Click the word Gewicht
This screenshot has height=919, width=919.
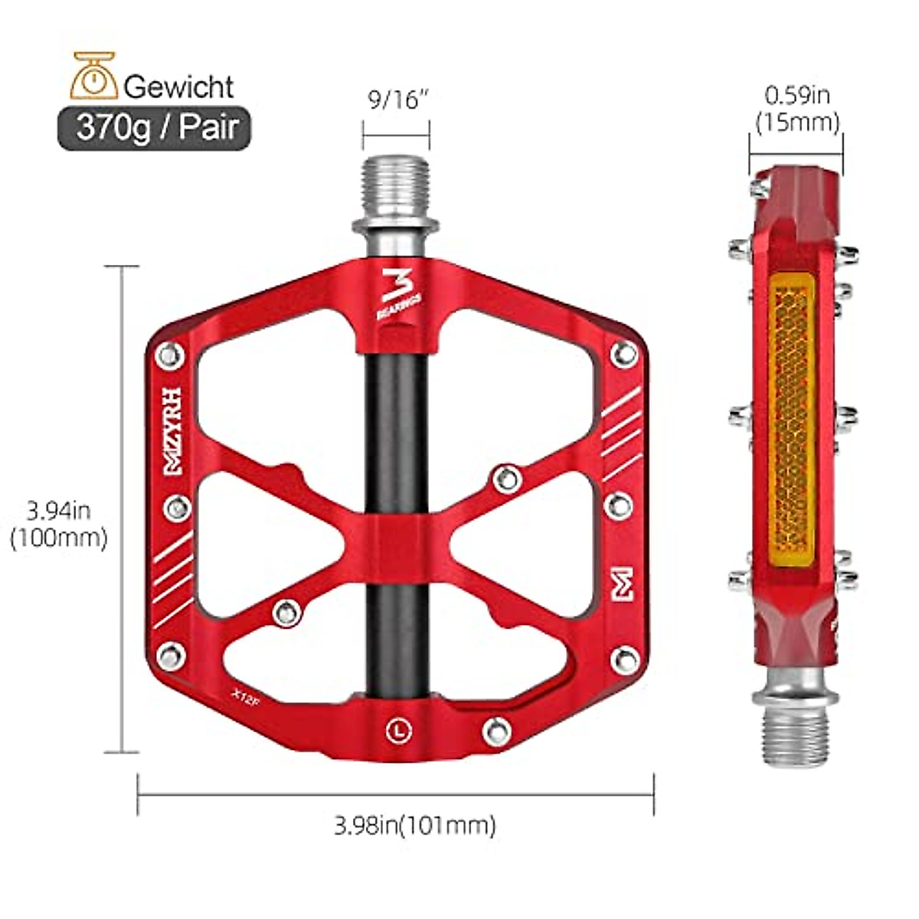coord(178,86)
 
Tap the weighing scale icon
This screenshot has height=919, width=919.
coord(93,77)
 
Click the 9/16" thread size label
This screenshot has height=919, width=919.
coord(395,100)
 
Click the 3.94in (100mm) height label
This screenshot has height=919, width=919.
coord(58,524)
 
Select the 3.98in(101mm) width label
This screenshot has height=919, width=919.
coord(414,825)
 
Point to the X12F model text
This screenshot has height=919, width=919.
coord(244,691)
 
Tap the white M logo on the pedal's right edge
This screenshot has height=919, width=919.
coord(623,584)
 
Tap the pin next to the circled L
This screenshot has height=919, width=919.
coord(496,731)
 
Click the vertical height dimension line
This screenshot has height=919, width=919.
coord(123,509)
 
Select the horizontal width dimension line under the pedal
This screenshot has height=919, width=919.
coord(395,795)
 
